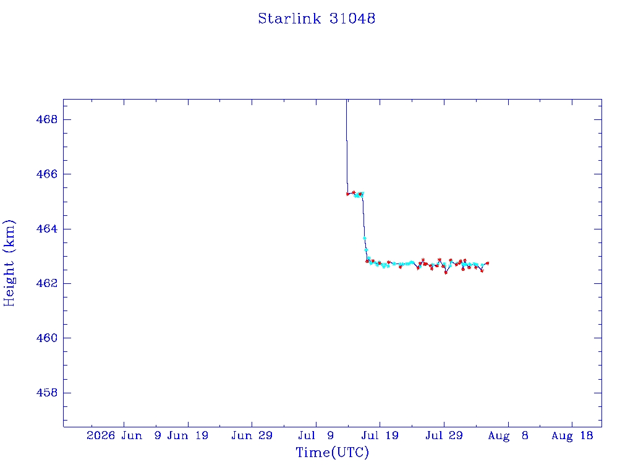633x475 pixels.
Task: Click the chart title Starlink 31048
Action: click(316, 19)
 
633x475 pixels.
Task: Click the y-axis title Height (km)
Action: click(9, 263)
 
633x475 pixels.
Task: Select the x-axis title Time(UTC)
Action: click(332, 452)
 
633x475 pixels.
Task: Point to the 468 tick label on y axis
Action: click(47, 119)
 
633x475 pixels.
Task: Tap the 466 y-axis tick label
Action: click(47, 174)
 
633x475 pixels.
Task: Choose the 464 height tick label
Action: click(47, 229)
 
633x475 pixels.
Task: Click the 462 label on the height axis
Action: click(47, 283)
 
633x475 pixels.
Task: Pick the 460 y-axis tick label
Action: click(47, 338)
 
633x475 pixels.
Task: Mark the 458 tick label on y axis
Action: click(47, 393)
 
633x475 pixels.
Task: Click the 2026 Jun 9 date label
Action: click(124, 435)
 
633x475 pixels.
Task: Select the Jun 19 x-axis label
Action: click(188, 435)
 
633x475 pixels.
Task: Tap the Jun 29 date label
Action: click(252, 435)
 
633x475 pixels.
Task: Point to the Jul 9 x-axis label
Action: click(316, 435)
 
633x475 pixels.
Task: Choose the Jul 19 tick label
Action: click(380, 435)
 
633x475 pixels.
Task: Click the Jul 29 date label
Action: click(444, 435)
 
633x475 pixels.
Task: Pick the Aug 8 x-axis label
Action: click(508, 435)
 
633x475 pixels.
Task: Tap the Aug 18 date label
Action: click(572, 435)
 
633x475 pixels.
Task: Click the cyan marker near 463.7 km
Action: click(365, 238)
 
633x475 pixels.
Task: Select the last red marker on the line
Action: click(487, 263)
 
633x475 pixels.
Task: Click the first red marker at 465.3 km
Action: click(348, 194)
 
